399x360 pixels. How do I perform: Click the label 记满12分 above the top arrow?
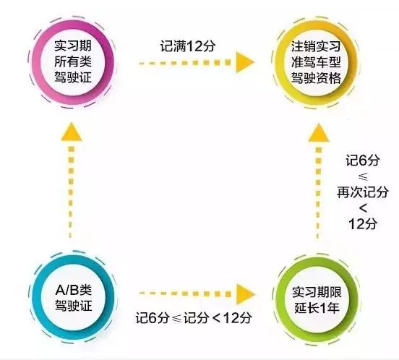187,46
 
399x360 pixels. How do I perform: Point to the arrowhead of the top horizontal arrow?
245,62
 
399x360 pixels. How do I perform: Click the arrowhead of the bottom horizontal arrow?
245,293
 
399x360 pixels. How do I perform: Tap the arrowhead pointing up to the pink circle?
72,132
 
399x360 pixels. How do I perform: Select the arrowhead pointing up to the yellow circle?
318,132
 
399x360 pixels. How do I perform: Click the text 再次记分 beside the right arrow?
363,192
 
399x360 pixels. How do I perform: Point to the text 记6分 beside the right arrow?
362,160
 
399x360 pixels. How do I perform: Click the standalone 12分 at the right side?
362,224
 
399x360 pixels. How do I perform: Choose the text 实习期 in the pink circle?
73,46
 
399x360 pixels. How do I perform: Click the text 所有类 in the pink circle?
73,61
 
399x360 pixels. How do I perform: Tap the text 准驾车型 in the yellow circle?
316,62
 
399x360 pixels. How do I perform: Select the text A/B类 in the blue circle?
73,290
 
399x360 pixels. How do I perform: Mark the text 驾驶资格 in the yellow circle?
316,77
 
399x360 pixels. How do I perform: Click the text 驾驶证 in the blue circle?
73,305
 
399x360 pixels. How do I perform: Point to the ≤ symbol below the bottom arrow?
177,319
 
